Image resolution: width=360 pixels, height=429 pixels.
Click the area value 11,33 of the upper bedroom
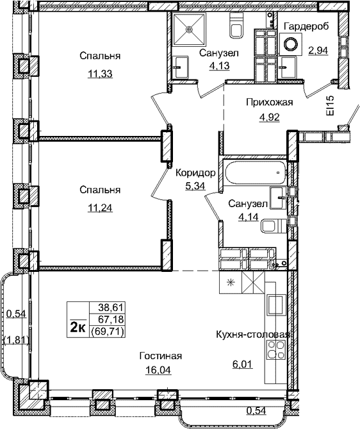(x=101, y=73)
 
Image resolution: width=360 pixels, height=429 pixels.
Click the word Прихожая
(x=270, y=102)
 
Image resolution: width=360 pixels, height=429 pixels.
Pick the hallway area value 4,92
(x=270, y=117)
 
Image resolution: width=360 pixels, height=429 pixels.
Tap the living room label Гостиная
(x=161, y=357)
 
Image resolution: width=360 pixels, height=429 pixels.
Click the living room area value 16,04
(x=161, y=371)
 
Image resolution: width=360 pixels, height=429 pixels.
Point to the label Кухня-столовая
(x=253, y=335)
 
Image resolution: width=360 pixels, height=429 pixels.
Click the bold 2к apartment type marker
(x=78, y=327)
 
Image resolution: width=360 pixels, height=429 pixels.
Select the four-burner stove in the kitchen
(x=278, y=352)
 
